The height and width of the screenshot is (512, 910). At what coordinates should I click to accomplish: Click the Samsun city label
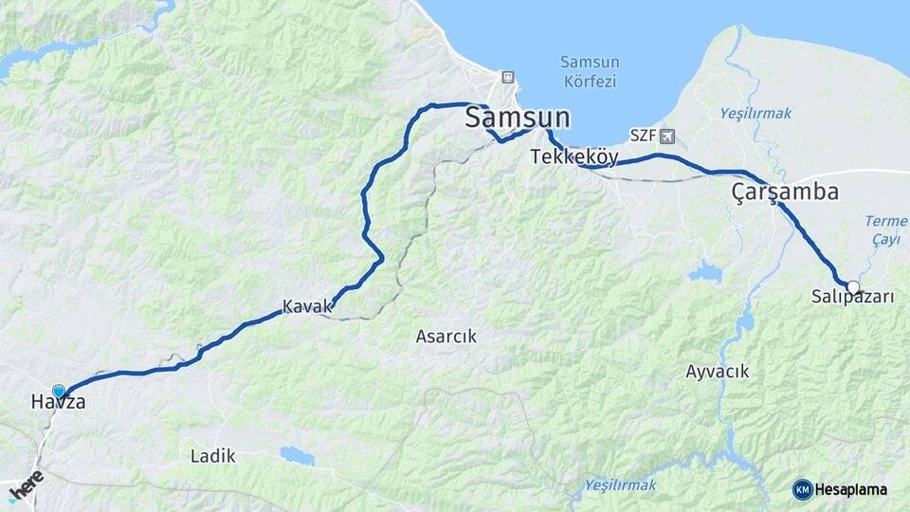tap(518, 119)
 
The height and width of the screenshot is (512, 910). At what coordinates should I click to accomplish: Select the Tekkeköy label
tap(574, 156)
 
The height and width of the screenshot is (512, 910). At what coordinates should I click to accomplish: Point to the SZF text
tap(643, 137)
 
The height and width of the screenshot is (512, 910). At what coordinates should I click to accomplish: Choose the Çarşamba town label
tap(785, 192)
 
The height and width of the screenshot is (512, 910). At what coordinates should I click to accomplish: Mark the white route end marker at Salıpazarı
tap(853, 286)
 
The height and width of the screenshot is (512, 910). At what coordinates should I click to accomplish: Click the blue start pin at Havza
tap(59, 391)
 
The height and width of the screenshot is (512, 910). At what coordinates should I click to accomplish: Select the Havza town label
tap(58, 403)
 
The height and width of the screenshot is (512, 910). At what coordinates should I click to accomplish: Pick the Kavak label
tap(307, 307)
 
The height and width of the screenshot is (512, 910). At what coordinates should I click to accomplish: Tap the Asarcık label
tap(446, 336)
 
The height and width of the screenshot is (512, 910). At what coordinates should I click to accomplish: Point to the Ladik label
tap(212, 456)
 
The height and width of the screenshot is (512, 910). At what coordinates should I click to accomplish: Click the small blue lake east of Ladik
tap(297, 455)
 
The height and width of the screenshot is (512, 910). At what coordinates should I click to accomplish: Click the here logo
tap(26, 486)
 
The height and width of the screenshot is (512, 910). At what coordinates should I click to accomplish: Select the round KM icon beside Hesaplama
tap(802, 489)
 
